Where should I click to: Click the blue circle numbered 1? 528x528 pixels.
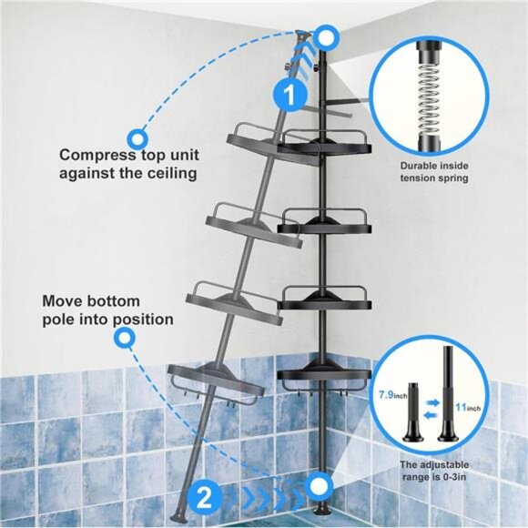pos(288,94)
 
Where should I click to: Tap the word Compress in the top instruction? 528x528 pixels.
pos(96,155)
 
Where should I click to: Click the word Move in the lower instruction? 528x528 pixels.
pos(63,301)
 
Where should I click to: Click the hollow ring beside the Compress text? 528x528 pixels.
pos(137,138)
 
